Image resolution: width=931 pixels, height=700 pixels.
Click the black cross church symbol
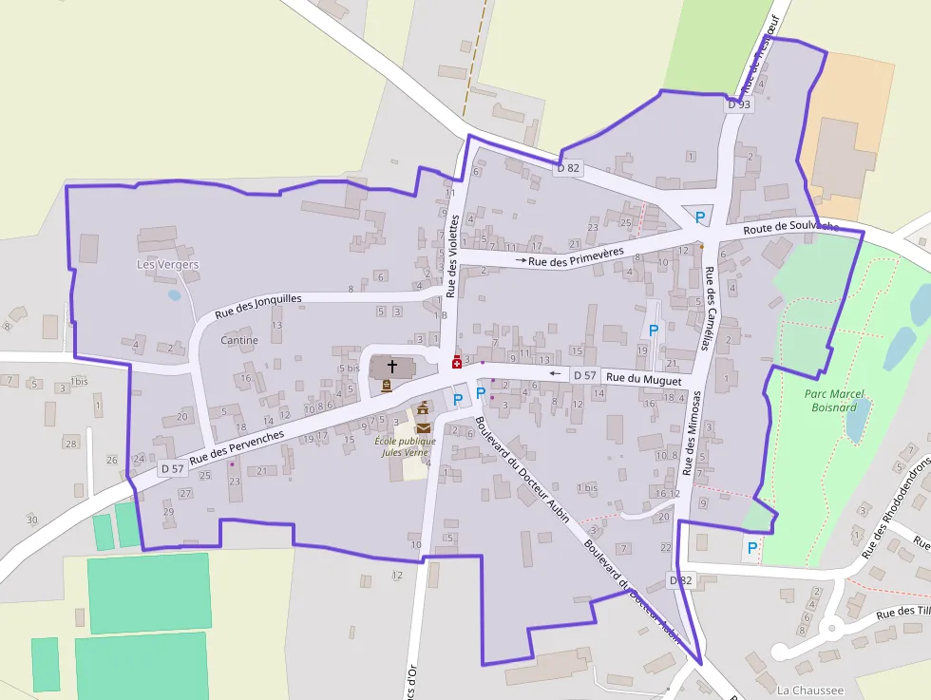tap(391, 366)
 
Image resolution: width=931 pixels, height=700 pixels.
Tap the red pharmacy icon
tap(456, 362)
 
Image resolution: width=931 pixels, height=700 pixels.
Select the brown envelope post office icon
tap(423, 427)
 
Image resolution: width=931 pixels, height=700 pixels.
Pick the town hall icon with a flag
tap(423, 408)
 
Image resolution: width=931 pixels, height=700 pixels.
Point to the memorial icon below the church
tap(386, 386)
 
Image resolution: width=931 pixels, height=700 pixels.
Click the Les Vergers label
tap(168, 264)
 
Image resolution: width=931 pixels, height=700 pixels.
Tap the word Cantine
tap(238, 340)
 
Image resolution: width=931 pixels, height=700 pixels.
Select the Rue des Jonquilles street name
tap(257, 305)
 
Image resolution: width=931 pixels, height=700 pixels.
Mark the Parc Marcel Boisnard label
tap(830, 400)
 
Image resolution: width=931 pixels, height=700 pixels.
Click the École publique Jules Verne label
tap(406, 446)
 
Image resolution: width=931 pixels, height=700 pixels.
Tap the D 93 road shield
tap(738, 104)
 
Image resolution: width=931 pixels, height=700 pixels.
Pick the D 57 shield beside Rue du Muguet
tap(584, 375)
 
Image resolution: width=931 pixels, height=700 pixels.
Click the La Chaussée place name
tap(809, 690)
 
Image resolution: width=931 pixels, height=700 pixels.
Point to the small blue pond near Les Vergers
tap(175, 295)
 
